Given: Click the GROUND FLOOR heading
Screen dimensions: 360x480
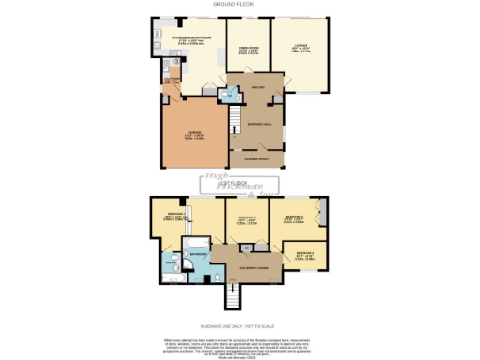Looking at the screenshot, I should pos(239,5).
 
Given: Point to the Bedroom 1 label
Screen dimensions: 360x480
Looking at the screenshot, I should pos(177,215).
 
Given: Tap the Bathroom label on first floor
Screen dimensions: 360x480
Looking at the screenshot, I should pos(198,253).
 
